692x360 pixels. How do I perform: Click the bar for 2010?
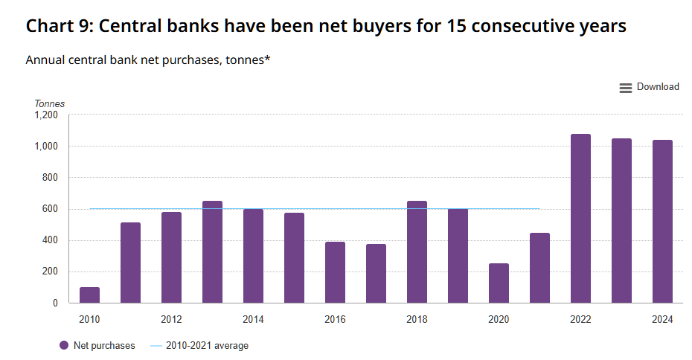[x=89, y=295]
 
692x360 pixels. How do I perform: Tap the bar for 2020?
[x=499, y=283]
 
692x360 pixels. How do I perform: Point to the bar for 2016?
[x=335, y=272]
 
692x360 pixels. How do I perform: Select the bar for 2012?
[x=171, y=257]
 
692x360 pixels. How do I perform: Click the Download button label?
[x=658, y=87]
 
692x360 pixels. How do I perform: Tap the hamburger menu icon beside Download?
[x=626, y=88]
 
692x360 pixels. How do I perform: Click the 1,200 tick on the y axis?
[x=46, y=115]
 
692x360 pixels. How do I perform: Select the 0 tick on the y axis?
[x=55, y=303]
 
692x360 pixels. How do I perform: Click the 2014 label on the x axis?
[x=253, y=320]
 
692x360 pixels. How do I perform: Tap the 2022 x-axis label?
[x=580, y=320]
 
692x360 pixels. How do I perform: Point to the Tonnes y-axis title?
[x=50, y=104]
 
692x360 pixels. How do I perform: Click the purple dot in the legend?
[x=64, y=346]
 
